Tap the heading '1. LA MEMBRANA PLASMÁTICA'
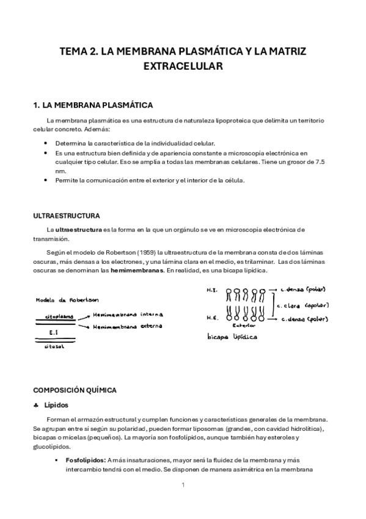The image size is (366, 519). [92, 105]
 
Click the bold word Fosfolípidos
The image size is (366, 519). [84, 459]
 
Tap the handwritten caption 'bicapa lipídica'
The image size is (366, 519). [232, 337]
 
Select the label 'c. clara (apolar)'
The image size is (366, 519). [303, 305]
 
